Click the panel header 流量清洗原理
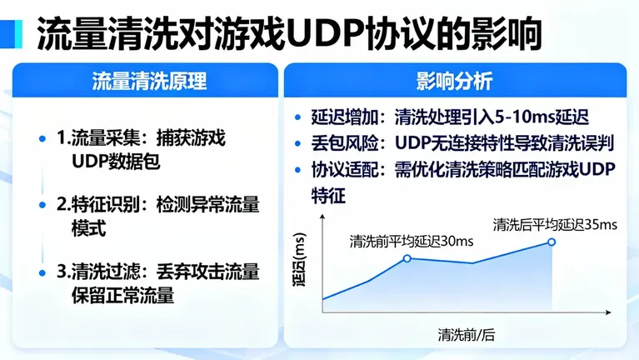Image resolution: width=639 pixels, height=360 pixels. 148,82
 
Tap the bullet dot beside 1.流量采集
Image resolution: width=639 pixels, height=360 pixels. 42,137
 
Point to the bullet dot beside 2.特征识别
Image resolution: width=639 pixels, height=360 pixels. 42,204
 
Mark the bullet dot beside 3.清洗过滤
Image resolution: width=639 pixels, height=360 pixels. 42,272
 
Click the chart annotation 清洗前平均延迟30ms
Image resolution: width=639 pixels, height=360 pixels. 412,241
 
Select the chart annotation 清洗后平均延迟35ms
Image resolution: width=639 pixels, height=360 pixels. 555,224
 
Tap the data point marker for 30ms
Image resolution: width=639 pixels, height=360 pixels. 407,258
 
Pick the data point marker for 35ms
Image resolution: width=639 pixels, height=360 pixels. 551,242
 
